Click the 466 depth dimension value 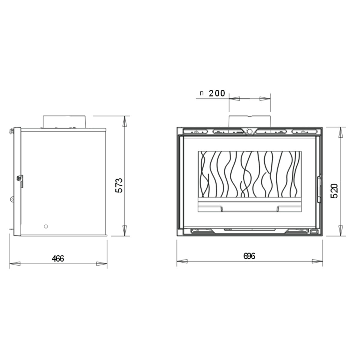[x=58, y=259]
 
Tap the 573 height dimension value [x=119, y=185]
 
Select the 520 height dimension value [x=334, y=191]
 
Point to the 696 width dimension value [x=249, y=256]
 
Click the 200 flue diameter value [x=217, y=93]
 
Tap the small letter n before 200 [x=201, y=93]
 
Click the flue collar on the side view [x=64, y=121]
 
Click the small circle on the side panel [x=46, y=226]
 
